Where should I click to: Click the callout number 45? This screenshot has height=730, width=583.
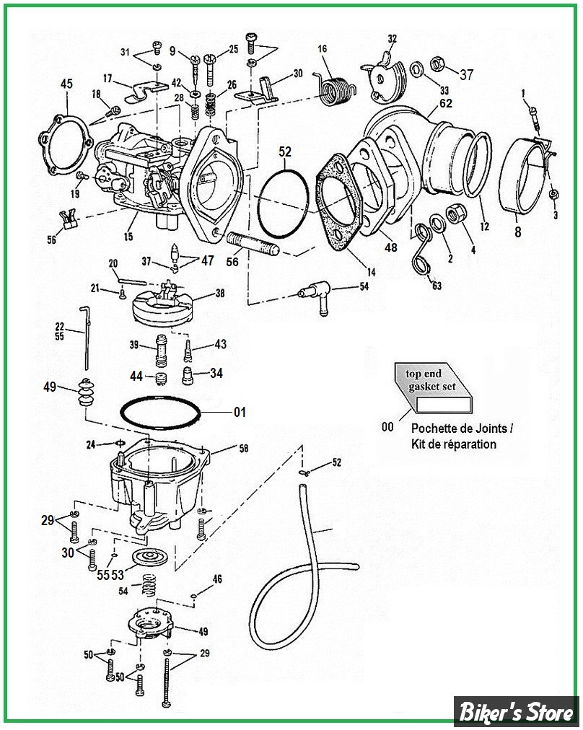coord(66,85)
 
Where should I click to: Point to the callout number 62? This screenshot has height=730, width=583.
coord(446,103)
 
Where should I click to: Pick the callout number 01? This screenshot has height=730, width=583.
coord(239,413)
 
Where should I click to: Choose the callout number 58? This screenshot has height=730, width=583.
coord(243,449)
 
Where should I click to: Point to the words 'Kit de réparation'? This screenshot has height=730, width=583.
coord(454,444)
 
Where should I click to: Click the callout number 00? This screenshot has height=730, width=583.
coord(387,427)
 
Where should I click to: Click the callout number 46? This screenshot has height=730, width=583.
coord(217,579)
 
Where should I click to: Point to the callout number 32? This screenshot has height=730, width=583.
coord(392,38)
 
